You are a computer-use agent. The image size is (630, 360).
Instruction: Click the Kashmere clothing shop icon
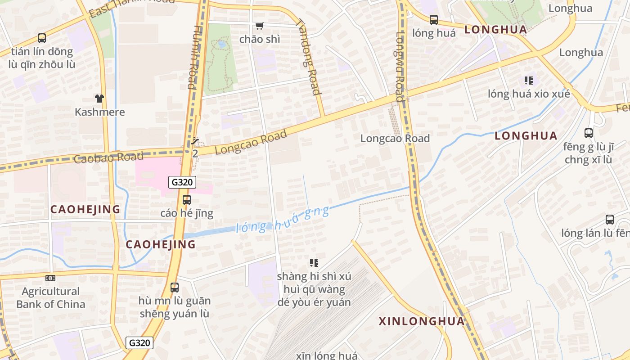(x=99, y=98)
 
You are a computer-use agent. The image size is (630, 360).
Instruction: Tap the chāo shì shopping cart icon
(x=260, y=26)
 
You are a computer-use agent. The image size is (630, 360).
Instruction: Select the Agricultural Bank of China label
(x=50, y=297)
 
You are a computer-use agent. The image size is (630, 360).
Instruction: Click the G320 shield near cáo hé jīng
(x=182, y=182)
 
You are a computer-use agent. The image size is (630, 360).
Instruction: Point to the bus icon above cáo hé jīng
(x=186, y=199)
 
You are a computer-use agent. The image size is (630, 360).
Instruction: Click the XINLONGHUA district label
(x=421, y=321)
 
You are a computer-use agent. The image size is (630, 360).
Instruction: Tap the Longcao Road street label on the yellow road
(x=251, y=142)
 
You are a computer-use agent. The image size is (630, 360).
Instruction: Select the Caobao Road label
(x=108, y=157)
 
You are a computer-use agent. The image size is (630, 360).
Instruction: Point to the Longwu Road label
(x=399, y=67)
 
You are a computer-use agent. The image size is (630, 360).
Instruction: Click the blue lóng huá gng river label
(x=282, y=220)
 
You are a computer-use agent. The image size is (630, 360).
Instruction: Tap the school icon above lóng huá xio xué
(x=528, y=81)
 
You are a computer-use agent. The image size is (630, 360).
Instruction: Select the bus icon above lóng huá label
(x=433, y=19)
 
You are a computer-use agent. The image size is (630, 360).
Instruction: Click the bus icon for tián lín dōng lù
(x=41, y=38)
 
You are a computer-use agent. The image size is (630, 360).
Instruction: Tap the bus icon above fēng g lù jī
(x=588, y=133)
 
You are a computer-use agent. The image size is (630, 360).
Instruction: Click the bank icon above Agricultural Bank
(x=50, y=278)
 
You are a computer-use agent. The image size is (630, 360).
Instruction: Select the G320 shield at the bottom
(x=139, y=342)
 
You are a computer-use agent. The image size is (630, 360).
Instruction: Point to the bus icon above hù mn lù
(x=174, y=287)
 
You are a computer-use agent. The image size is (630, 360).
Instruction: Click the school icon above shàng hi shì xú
(x=314, y=262)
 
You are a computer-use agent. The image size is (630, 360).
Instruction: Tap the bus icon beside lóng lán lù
(x=609, y=220)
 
